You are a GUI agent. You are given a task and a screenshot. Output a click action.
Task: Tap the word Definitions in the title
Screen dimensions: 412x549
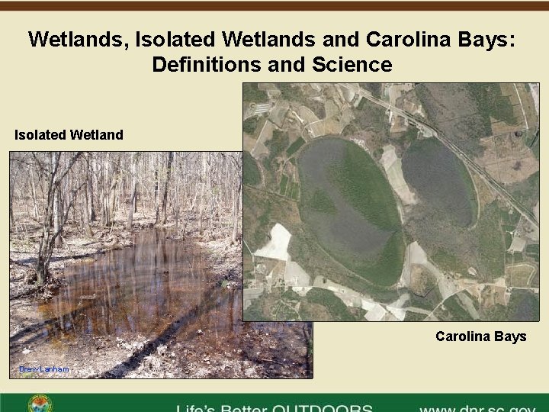coord(199,65)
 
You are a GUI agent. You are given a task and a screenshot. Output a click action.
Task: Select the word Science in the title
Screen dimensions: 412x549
coord(352,65)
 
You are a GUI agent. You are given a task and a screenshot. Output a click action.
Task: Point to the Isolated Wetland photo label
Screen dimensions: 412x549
coord(69,135)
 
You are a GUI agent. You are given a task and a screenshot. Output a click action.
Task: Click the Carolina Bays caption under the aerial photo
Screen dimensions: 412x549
coord(480,336)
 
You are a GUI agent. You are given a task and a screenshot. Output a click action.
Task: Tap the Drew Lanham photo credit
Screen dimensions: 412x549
coord(43,369)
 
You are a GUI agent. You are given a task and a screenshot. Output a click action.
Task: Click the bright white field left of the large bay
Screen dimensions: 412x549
coord(274,243)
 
